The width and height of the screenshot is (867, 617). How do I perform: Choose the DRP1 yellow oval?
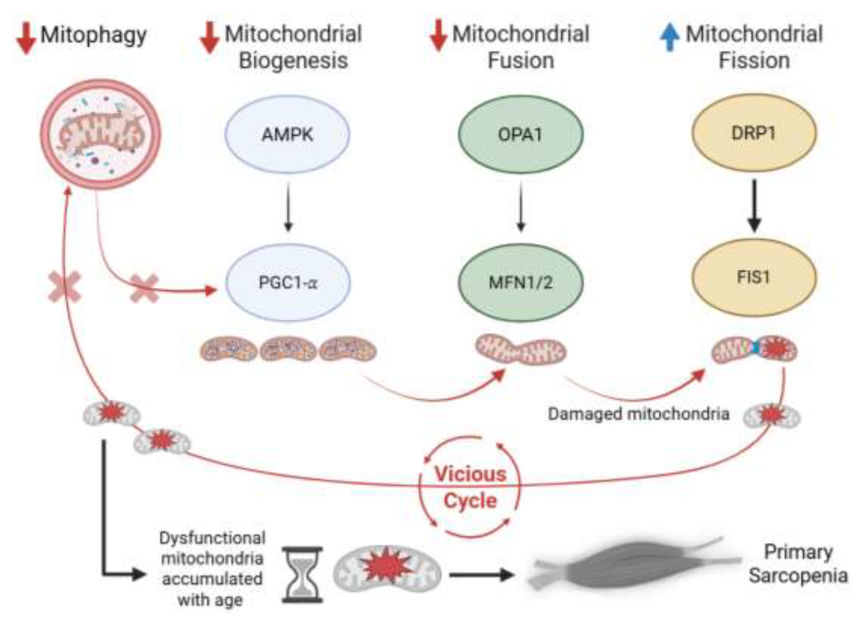pyautogui.click(x=754, y=133)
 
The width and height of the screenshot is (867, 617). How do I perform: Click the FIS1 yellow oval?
pyautogui.click(x=754, y=277)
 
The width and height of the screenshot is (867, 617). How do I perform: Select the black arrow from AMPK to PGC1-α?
pyautogui.click(x=288, y=207)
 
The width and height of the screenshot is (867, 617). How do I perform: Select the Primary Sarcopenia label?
pyautogui.click(x=798, y=564)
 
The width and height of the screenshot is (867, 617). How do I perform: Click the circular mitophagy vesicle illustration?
pyautogui.click(x=101, y=134)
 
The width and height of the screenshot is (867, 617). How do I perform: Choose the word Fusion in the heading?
pyautogui.click(x=521, y=61)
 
